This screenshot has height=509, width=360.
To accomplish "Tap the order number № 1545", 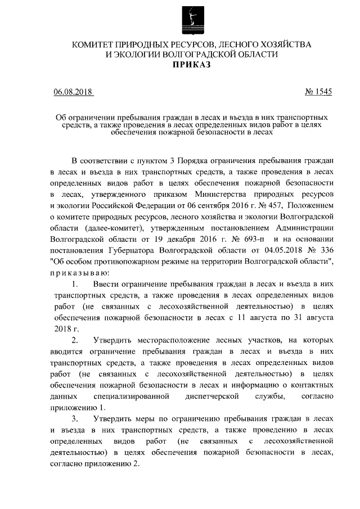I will pyautogui.click(x=318, y=92).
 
